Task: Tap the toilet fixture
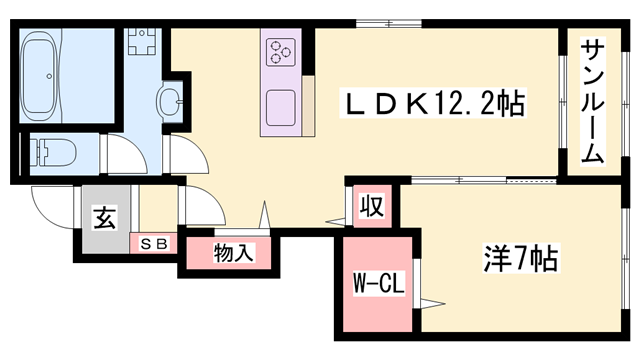tap(50, 153)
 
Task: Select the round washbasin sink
tap(171, 99)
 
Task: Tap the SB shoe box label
tap(155, 242)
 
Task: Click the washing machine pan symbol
tap(141, 43)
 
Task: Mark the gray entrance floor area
tap(100, 235)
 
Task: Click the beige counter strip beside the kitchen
tap(308, 105)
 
